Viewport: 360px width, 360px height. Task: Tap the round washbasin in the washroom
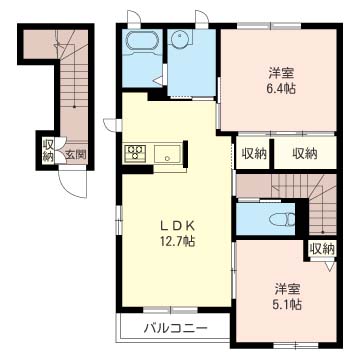click(x=180, y=39)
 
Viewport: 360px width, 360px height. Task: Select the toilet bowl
click(x=282, y=219)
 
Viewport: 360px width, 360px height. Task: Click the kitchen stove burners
click(x=135, y=154)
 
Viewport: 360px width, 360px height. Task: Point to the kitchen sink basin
click(x=167, y=154)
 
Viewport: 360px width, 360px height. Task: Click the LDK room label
click(x=177, y=227)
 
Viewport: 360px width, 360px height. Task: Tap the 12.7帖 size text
click(x=177, y=242)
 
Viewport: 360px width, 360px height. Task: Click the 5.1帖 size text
click(x=289, y=304)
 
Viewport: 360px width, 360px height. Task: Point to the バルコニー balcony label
click(x=176, y=329)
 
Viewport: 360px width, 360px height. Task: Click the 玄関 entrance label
click(x=76, y=154)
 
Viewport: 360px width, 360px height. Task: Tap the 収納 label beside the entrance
click(x=48, y=151)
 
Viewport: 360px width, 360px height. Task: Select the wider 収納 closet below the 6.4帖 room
click(x=305, y=153)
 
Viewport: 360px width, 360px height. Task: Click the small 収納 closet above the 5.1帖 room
click(x=322, y=248)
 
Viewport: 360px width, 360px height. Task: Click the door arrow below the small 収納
click(x=330, y=266)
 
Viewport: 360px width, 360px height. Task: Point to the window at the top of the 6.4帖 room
click(x=269, y=25)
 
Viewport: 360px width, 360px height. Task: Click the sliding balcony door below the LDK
click(x=171, y=310)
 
